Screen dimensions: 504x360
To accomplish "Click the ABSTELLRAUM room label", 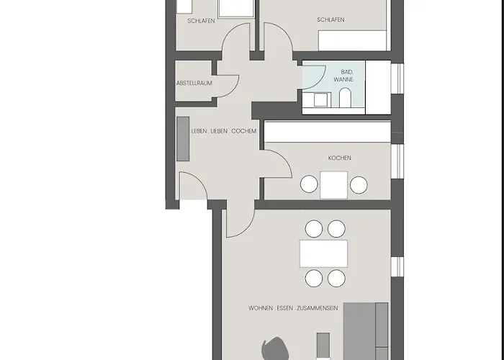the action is [194, 83].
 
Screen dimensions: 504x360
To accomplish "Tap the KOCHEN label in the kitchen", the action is [339, 158].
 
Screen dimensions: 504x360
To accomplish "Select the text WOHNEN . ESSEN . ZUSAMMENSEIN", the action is [293, 308].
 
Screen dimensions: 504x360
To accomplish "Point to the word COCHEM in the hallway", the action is [244, 131].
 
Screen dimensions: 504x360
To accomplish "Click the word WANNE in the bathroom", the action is [343, 79].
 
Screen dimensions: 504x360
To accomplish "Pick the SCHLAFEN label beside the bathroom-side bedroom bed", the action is [330, 19].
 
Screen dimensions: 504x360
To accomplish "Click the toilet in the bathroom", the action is [345, 97].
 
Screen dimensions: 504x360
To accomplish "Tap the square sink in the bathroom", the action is [320, 99].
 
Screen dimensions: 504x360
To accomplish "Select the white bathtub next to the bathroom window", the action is [378, 87].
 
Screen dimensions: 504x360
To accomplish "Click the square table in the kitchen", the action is [333, 185].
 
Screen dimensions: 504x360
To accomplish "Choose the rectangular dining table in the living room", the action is [324, 253].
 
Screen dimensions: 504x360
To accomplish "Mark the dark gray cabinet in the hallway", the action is [183, 139].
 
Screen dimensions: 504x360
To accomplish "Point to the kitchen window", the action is [397, 161].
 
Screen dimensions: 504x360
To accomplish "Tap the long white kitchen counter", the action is [328, 132].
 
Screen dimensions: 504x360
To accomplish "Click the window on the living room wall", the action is [397, 266].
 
